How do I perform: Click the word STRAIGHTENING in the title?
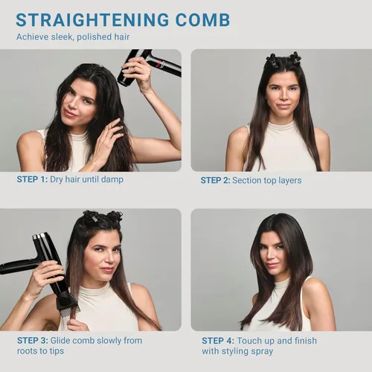point(92,19)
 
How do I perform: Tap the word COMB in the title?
point(203,19)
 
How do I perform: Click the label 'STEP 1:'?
point(32,179)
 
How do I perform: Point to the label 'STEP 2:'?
point(216,180)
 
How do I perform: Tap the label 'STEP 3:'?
point(33,341)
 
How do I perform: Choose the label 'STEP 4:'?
point(218,341)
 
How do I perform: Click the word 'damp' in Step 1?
point(112,179)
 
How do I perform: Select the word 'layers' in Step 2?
point(290,181)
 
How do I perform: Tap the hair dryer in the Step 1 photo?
point(149,65)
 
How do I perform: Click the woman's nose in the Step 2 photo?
point(283,96)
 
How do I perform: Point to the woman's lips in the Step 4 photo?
point(273,265)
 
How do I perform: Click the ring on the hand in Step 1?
point(109,128)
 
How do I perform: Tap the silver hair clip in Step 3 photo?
point(94,219)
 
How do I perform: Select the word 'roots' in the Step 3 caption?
point(27,351)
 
